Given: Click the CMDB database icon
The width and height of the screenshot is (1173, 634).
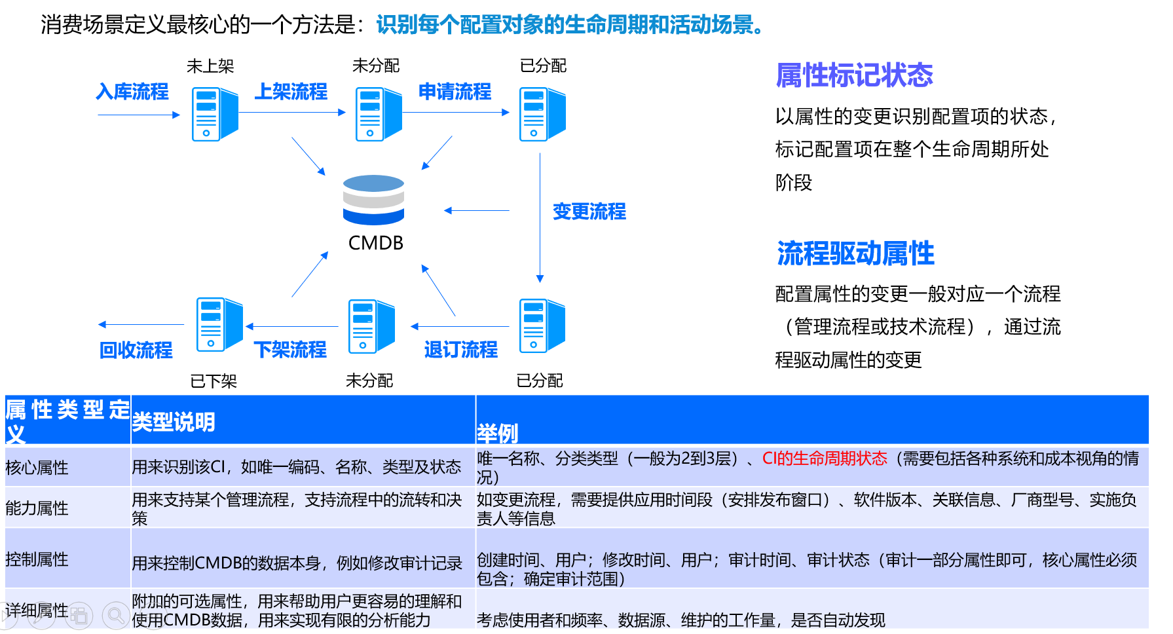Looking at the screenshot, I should click(373, 200).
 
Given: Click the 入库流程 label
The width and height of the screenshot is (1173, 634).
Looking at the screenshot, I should click(132, 92).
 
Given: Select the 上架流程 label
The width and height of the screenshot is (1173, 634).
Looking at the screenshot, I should click(291, 92).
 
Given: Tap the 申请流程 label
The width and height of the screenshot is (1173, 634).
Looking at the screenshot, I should click(455, 92).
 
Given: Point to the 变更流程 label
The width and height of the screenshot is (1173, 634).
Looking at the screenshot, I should click(589, 212).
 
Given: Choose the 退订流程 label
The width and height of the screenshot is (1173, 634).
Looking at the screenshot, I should click(460, 350).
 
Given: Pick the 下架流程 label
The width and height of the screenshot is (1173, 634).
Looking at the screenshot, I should click(290, 350).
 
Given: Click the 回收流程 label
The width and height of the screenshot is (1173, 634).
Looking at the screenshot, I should click(136, 350).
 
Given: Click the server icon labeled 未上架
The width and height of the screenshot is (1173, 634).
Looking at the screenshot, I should click(214, 115).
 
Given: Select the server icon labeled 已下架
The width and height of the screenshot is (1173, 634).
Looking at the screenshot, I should click(219, 324).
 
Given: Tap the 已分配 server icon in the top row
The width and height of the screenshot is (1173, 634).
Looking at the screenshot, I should click(542, 115).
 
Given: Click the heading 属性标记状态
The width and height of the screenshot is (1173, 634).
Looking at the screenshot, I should click(854, 75).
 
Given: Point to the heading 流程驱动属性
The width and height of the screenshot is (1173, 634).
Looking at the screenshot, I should click(855, 253).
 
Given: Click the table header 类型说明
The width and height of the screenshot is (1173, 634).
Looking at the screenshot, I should click(174, 422).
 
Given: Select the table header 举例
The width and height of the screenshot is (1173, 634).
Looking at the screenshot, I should click(497, 433).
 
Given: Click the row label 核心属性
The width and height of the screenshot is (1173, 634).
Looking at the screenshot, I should click(37, 468).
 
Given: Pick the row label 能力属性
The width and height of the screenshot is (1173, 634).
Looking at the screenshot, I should click(37, 508).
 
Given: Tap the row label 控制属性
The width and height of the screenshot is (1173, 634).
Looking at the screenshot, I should click(37, 559).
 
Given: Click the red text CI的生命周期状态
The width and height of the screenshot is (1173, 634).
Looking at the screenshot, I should click(824, 458).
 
